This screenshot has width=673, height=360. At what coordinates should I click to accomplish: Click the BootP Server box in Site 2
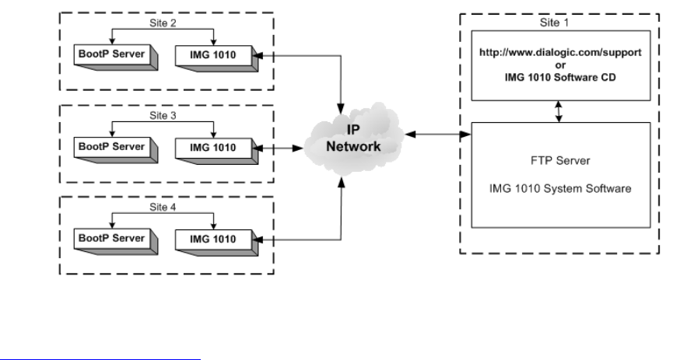[110, 54]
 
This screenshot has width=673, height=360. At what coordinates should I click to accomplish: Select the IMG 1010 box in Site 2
[212, 54]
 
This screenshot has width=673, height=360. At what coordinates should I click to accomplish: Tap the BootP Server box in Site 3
[110, 145]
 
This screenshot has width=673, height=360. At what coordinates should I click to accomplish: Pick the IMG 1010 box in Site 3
[212, 145]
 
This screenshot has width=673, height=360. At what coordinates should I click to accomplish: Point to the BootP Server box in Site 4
[110, 236]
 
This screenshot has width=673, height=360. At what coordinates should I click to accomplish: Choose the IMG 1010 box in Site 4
[212, 236]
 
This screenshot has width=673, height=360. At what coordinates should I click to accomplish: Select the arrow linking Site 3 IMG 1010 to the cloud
[281, 145]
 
